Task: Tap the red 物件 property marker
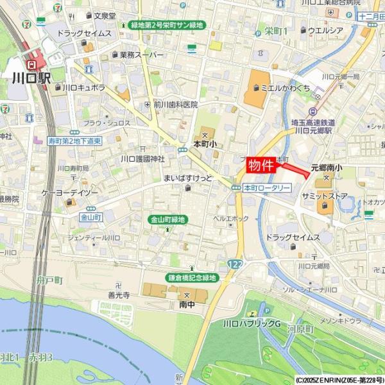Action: [261, 165]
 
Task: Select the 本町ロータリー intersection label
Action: [267, 188]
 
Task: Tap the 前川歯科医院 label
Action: [175, 105]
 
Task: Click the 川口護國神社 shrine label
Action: [143, 158]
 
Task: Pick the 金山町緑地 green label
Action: [167, 219]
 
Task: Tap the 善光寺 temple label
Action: [119, 295]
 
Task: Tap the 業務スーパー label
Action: [142, 55]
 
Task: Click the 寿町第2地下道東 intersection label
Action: [75, 141]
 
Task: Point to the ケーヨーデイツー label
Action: [71, 192]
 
